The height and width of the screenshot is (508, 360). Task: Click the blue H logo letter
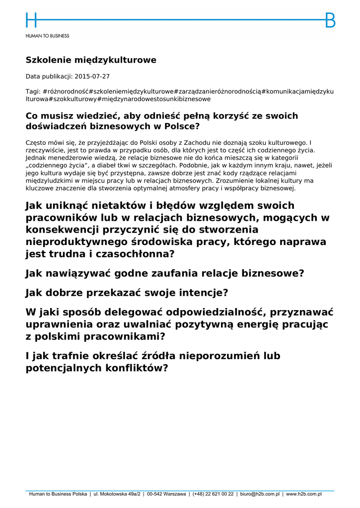click(x=31, y=20)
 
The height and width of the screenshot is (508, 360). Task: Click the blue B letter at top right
click(x=330, y=20)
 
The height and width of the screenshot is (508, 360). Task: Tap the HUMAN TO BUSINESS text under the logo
click(x=48, y=36)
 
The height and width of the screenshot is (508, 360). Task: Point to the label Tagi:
click(x=33, y=91)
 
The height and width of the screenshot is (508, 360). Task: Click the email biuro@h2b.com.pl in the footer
click(x=260, y=494)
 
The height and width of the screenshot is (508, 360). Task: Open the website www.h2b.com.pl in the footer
click(x=304, y=494)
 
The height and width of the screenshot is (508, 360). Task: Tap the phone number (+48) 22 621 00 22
click(x=213, y=494)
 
